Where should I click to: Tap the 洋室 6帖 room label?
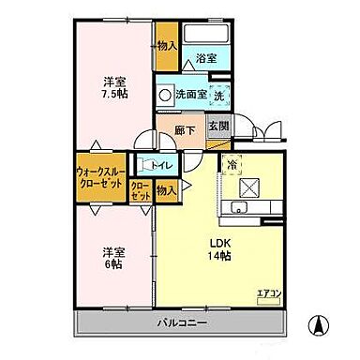tap(114, 257)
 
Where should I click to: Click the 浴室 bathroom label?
tap(206, 59)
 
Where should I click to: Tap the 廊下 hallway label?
tap(185, 130)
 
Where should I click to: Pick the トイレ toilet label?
tap(160, 166)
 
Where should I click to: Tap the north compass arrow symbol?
tap(320, 326)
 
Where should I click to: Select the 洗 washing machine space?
tap(217, 94)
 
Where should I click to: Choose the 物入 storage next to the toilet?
tap(167, 190)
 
